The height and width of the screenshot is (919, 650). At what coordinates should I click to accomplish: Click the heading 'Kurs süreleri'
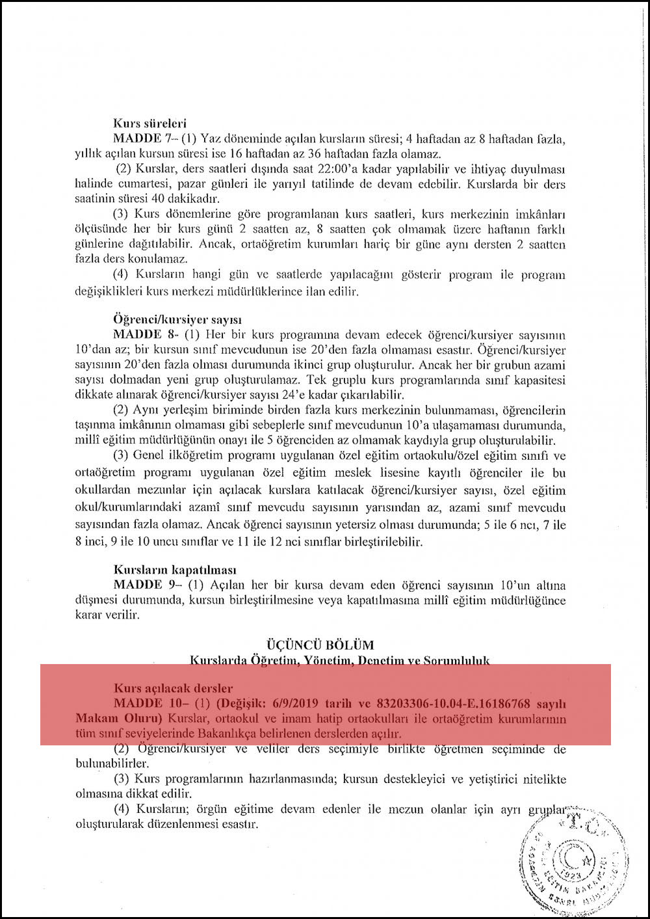coord(150,123)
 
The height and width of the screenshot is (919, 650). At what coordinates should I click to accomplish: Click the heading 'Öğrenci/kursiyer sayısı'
coord(177,320)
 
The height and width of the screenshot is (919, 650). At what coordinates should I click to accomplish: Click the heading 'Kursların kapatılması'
coord(175,570)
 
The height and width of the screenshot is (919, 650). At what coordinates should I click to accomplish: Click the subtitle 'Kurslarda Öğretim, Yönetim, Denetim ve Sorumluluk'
coord(339,660)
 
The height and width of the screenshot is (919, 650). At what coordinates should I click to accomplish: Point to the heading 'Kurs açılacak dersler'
coord(173,688)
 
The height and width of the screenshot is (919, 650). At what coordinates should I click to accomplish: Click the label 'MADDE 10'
coord(143,703)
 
